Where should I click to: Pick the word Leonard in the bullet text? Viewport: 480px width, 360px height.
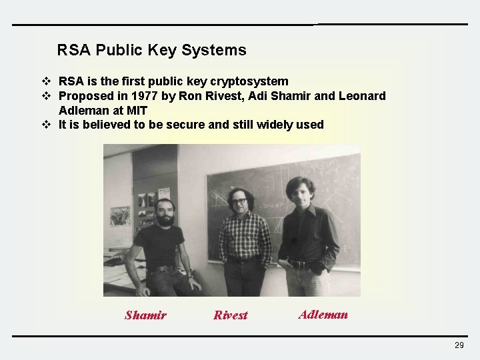[x=362, y=96]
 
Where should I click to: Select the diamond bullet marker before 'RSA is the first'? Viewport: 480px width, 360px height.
[x=47, y=81]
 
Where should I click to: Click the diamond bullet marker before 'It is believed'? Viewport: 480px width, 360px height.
[x=47, y=125]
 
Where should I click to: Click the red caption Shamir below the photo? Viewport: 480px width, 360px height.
[x=145, y=315]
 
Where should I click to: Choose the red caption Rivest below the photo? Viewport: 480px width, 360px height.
[x=230, y=315]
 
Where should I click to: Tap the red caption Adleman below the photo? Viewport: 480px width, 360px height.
[x=323, y=315]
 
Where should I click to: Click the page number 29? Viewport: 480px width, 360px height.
[x=459, y=345]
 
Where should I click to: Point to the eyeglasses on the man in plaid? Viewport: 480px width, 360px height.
[x=239, y=201]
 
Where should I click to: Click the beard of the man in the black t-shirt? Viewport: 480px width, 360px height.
[x=165, y=220]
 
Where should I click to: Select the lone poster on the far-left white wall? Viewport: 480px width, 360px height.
[x=120, y=215]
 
